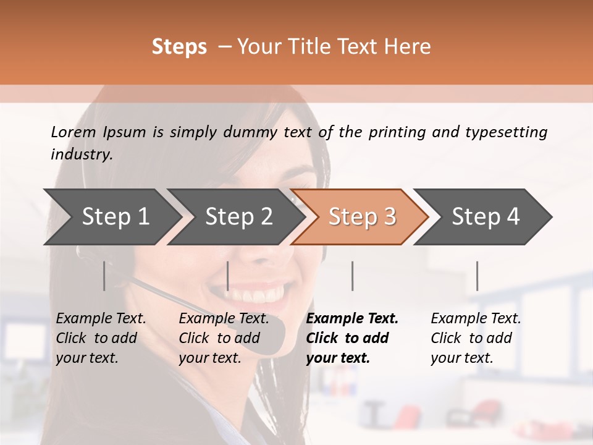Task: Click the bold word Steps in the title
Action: click(x=179, y=47)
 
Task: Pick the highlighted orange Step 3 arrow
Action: click(x=361, y=216)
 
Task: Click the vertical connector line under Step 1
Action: click(x=104, y=276)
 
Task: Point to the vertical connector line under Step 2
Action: click(x=228, y=276)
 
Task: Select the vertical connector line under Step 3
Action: click(x=352, y=276)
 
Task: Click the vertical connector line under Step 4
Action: click(x=477, y=276)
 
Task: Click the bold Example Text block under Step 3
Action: click(x=352, y=338)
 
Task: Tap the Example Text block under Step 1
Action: click(x=101, y=338)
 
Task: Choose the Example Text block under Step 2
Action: click(x=224, y=338)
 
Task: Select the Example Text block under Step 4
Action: click(x=476, y=338)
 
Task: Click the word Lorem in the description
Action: click(x=74, y=132)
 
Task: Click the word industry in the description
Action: click(x=81, y=155)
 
